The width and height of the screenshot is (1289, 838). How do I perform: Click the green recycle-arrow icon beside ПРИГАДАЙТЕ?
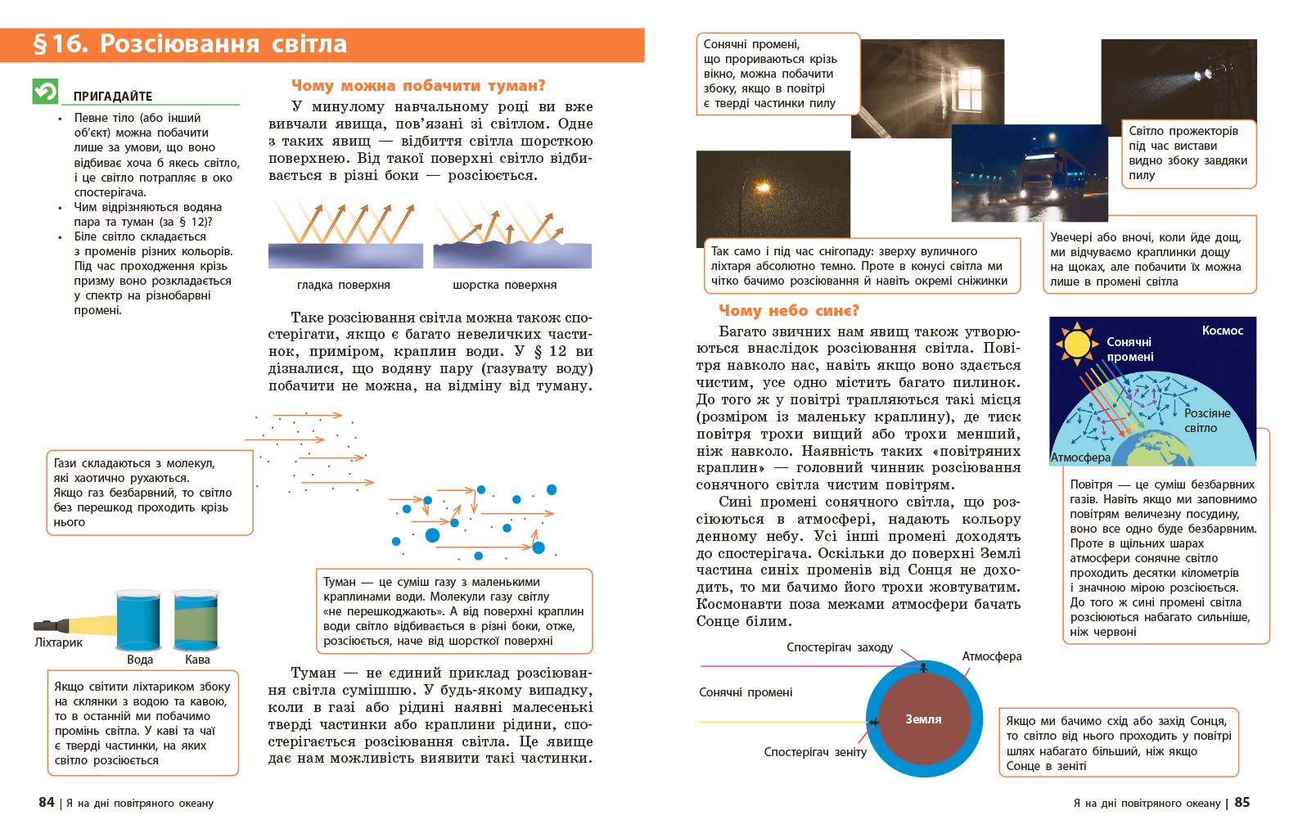45,91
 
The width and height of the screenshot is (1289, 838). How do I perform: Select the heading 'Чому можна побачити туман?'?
417,85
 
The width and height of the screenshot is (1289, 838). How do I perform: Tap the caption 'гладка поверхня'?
343,285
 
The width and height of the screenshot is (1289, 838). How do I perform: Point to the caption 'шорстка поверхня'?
504,285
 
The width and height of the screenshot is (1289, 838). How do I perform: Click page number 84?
46,802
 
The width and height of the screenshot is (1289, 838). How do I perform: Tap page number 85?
1242,802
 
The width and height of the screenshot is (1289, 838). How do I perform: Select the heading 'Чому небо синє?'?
788,310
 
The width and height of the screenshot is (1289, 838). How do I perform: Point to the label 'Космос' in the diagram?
1222,331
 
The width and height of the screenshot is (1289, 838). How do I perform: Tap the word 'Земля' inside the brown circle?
923,719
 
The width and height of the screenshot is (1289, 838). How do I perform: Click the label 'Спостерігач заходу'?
839,647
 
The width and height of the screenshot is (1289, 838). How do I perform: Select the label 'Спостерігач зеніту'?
814,751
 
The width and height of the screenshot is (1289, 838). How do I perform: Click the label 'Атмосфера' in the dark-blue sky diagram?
1080,457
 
